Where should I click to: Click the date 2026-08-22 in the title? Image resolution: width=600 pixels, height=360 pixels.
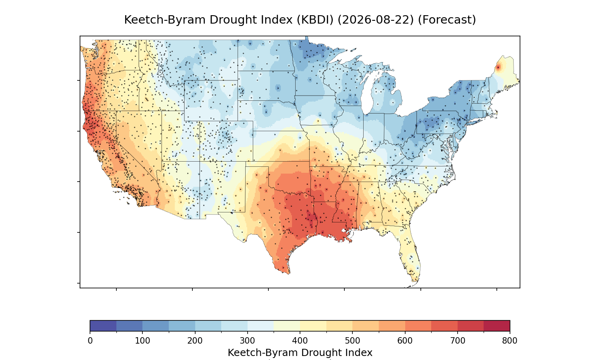click(376, 20)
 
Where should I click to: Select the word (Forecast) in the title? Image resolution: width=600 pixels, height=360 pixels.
click(447, 20)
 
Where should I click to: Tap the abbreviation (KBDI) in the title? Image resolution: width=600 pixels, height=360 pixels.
click(315, 20)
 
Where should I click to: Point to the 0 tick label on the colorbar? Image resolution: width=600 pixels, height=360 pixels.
click(90, 341)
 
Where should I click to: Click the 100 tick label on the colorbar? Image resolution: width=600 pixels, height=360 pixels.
click(142, 341)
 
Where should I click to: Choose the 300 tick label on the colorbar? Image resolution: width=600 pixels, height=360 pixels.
click(248, 341)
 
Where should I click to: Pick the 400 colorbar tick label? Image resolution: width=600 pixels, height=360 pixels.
click(300, 341)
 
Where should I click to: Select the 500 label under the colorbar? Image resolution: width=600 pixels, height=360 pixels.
click(352, 341)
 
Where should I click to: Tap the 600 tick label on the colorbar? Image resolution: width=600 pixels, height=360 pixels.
click(405, 341)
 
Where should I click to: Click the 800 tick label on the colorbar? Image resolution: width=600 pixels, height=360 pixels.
click(510, 341)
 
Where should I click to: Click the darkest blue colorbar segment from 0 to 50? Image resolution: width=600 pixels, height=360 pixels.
click(103, 326)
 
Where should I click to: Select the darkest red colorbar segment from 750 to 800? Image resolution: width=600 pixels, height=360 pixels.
click(497, 326)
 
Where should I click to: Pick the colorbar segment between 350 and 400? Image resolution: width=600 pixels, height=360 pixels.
click(287, 326)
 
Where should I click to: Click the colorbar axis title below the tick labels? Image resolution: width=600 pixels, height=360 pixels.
click(300, 353)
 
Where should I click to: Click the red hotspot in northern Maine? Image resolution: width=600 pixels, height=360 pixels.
click(498, 68)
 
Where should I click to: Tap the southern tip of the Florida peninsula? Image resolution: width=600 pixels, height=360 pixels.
click(415, 282)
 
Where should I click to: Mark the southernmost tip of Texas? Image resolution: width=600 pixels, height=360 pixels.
click(288, 274)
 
